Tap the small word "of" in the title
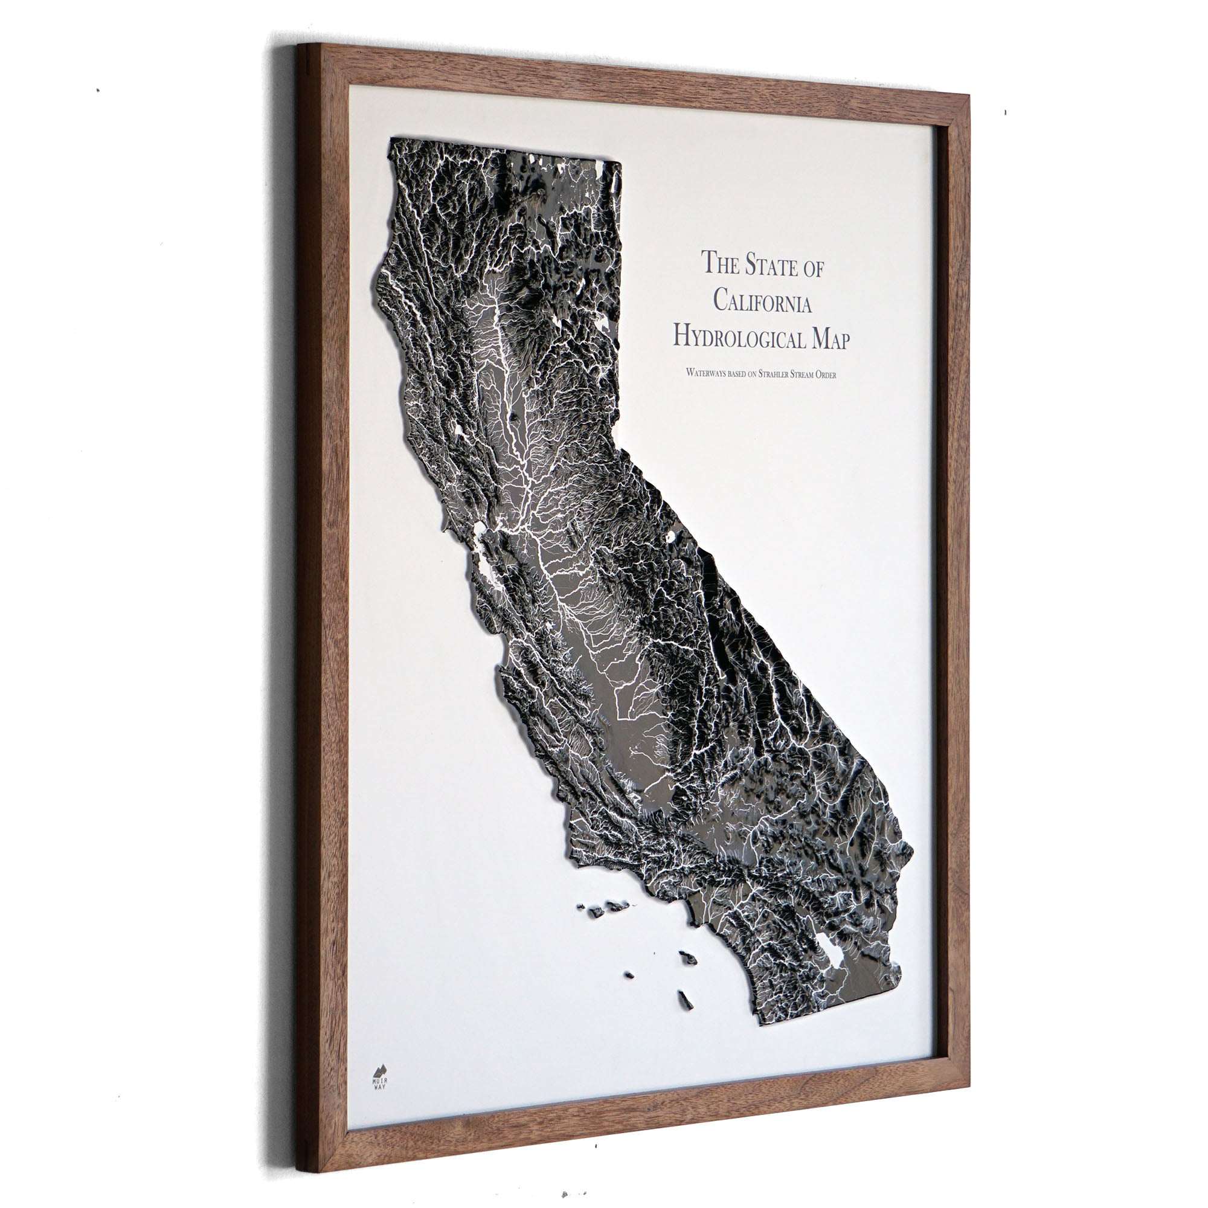(812, 268)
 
